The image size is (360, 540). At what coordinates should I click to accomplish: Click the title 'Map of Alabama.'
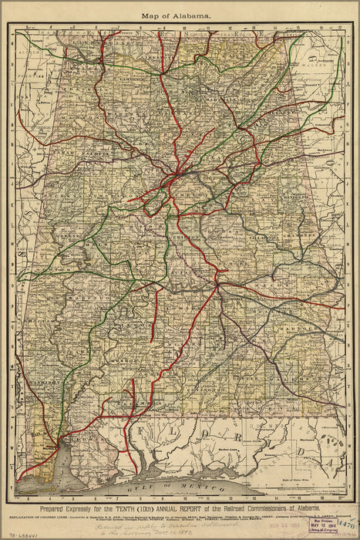click(180, 15)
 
